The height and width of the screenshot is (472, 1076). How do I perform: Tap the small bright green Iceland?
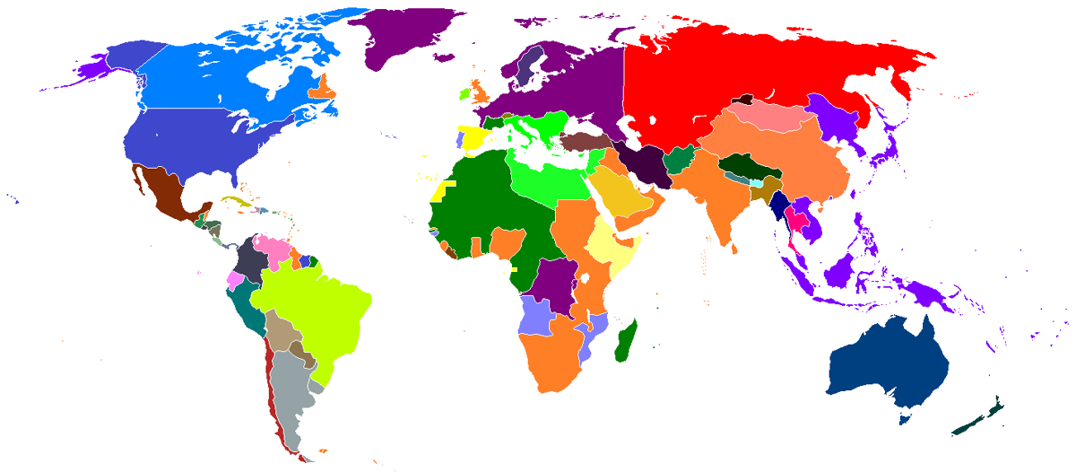coord(464,93)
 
